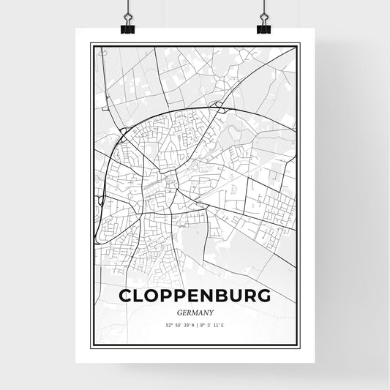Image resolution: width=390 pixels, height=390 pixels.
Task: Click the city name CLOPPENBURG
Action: tap(194, 295)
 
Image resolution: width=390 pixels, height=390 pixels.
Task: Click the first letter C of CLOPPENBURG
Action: tap(125, 295)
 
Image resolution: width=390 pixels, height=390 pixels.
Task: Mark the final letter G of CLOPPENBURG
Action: tap(263, 295)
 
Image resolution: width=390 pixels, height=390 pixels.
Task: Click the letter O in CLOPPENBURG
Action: tap(152, 295)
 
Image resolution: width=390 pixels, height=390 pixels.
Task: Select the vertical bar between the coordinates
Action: tap(194, 325)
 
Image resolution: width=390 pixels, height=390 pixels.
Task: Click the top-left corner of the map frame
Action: tap(91, 45)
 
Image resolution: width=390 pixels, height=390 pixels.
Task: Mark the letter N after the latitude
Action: tap(189, 325)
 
